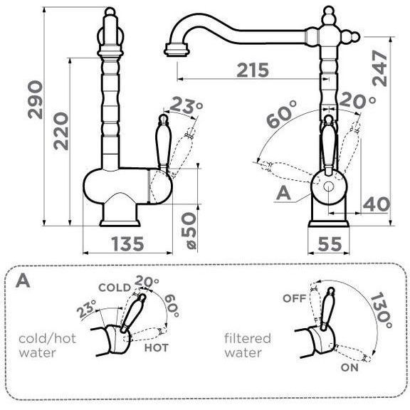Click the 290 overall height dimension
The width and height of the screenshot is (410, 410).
click(35, 100)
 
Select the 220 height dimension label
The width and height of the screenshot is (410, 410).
click(61, 131)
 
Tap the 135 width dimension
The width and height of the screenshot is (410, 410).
click(127, 243)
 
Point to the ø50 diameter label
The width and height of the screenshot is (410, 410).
click(189, 231)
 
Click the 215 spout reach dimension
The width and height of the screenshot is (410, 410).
click(253, 70)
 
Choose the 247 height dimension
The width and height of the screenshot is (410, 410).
click(379, 68)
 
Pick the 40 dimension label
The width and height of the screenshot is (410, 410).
click(377, 204)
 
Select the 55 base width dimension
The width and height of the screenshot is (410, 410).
click(330, 243)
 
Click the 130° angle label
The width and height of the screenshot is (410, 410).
click(382, 310)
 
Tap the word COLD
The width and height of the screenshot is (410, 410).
click(115, 288)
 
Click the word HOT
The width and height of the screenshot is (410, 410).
click(157, 347)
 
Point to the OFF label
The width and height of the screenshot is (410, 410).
click(295, 298)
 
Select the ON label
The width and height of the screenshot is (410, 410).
click(349, 367)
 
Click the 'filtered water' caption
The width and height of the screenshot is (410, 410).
click(248, 345)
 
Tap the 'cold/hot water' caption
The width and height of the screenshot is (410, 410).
click(47, 345)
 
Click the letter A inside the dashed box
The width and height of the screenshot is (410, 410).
click(23, 281)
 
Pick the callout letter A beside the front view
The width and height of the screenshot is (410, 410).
click(284, 193)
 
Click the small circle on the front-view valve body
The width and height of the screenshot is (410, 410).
click(328, 186)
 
